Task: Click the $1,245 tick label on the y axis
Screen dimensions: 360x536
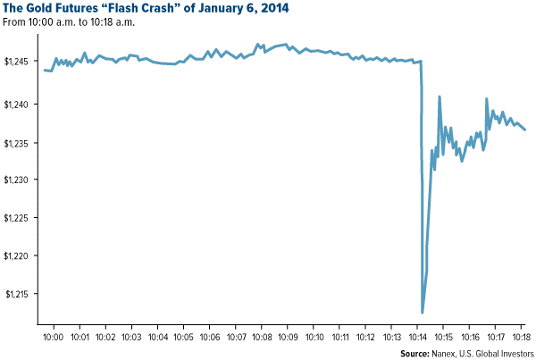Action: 19,62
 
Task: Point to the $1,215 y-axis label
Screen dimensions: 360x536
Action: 19,294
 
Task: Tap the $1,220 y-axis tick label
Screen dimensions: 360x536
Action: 19,255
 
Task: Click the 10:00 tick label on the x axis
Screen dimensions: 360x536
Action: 53,339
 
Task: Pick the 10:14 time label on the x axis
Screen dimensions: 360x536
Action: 418,339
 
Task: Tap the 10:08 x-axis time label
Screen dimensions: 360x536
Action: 262,339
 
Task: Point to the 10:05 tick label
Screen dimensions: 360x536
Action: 183,339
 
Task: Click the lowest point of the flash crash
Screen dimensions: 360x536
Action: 423,312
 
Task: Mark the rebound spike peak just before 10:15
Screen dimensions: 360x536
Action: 440,96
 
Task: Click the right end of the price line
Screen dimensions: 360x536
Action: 525,130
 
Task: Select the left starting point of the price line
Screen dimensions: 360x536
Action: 43,70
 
